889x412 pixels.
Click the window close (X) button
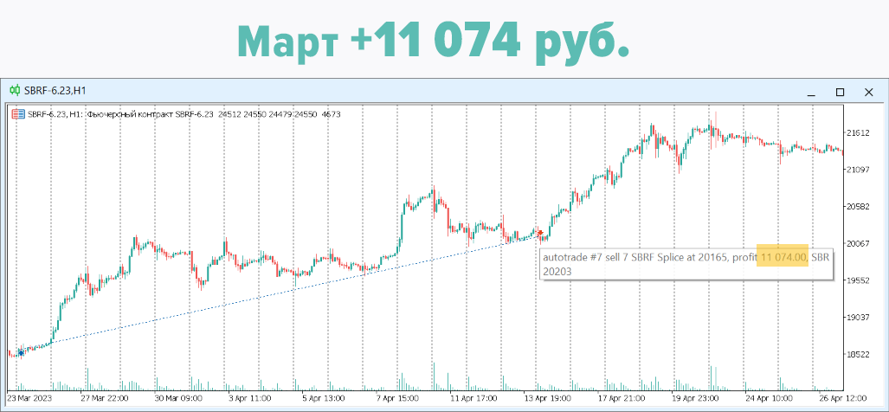(868, 92)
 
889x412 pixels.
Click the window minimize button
(811, 92)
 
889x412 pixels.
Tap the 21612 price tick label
(860, 133)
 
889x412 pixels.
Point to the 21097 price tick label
(860, 170)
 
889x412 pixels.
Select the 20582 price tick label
(860, 207)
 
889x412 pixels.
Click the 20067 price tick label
(860, 243)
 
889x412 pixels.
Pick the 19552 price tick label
(860, 280)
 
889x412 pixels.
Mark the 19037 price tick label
(860, 318)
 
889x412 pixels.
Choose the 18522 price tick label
(860, 355)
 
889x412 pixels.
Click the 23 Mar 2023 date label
(31, 399)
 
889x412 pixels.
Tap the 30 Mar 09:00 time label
(178, 399)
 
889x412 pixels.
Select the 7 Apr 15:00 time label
(397, 399)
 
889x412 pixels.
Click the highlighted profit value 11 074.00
(783, 257)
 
